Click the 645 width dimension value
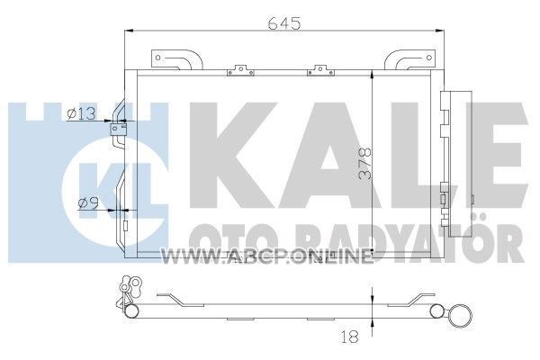coord(284,23)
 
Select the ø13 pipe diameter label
coord(81,113)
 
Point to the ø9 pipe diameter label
coord(88,202)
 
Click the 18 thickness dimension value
coord(349,337)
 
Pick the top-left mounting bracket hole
coord(157,58)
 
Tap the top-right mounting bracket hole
coord(428,58)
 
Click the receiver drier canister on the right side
coord(460,165)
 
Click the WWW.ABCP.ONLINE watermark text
coord(267,256)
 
